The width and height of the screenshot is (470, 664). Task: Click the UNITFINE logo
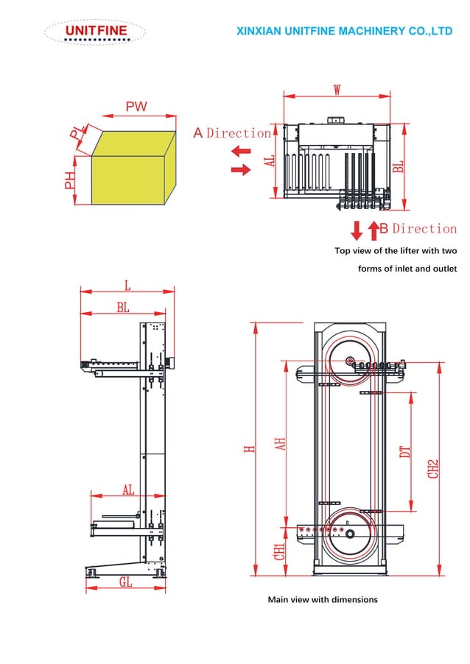(95, 32)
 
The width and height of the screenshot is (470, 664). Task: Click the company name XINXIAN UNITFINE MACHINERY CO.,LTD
(344, 31)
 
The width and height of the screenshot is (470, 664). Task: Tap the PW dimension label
(136, 107)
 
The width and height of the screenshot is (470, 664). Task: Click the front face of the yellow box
(124, 180)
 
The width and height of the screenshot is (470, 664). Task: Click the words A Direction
(232, 133)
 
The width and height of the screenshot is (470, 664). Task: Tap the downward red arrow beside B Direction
(357, 230)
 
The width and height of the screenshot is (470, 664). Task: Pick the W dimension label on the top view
(337, 90)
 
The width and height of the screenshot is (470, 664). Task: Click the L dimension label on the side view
(127, 285)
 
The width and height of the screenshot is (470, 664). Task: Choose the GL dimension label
(126, 582)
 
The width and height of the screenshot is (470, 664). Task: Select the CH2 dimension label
(434, 468)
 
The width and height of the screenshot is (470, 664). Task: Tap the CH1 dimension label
(279, 552)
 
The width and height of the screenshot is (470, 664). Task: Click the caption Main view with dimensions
(322, 600)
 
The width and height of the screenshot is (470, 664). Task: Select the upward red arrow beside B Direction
(373, 230)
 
